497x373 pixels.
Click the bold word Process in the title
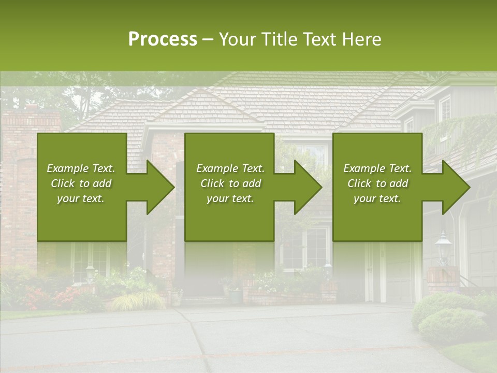coord(163,39)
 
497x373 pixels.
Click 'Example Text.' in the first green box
coord(81,168)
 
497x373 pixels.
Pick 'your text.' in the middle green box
coord(230,198)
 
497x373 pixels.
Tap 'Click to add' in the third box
coord(377,183)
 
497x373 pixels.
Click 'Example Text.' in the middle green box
coord(230,168)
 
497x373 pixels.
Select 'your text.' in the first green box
coord(81,198)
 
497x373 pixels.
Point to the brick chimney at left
coord(26,155)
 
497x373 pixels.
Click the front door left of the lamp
coord(376,272)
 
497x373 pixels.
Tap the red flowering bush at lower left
coord(36,298)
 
